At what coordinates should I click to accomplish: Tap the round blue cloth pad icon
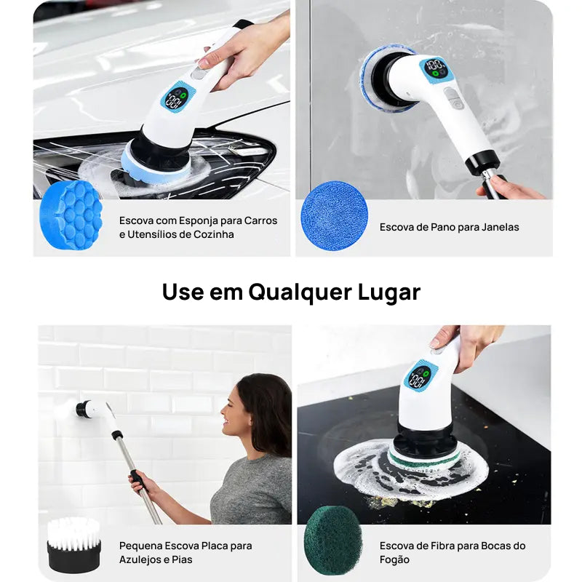[334, 215]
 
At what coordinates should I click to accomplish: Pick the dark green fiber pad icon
[333, 541]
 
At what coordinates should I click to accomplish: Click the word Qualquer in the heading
[298, 292]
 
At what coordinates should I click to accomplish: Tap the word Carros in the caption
[260, 220]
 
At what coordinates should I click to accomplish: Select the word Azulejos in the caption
[141, 559]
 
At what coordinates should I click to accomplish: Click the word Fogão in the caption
[395, 559]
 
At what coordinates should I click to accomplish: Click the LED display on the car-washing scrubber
[175, 99]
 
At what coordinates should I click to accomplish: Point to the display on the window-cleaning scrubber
[436, 70]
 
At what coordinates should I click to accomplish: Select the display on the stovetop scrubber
[419, 376]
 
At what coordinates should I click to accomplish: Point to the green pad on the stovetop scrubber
[423, 456]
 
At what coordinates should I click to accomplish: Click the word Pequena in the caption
[141, 546]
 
